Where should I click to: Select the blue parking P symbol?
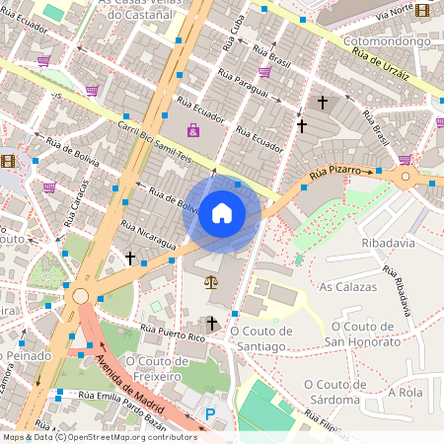point(209,414)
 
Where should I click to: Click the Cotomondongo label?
point(388,42)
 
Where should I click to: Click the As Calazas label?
point(348,286)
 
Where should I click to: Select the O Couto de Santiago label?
point(263,338)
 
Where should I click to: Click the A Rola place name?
point(407,392)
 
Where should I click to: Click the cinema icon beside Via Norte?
point(423,10)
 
